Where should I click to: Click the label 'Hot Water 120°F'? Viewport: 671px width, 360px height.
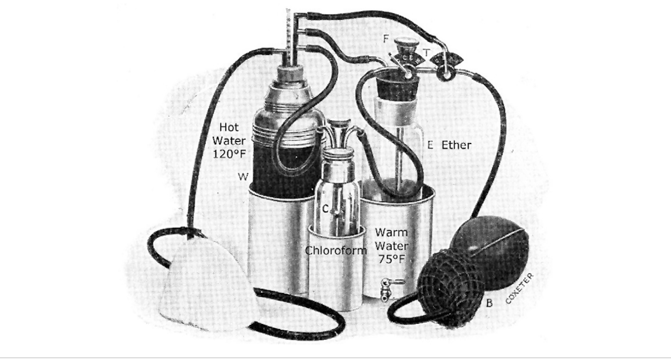(229, 141)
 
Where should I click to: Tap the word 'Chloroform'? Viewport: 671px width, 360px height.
(336, 250)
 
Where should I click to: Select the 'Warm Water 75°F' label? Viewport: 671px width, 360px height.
(392, 246)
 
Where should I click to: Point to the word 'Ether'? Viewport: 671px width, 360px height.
(456, 145)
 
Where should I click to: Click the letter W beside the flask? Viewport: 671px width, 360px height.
(243, 177)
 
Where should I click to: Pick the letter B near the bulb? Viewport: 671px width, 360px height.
(489, 303)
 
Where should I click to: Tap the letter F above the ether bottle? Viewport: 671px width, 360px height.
(386, 39)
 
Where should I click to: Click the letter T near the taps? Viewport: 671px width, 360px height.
(426, 53)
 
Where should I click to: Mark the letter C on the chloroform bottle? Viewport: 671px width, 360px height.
(326, 209)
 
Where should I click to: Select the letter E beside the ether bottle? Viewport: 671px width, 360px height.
(430, 145)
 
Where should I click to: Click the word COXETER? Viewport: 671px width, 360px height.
(519, 288)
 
